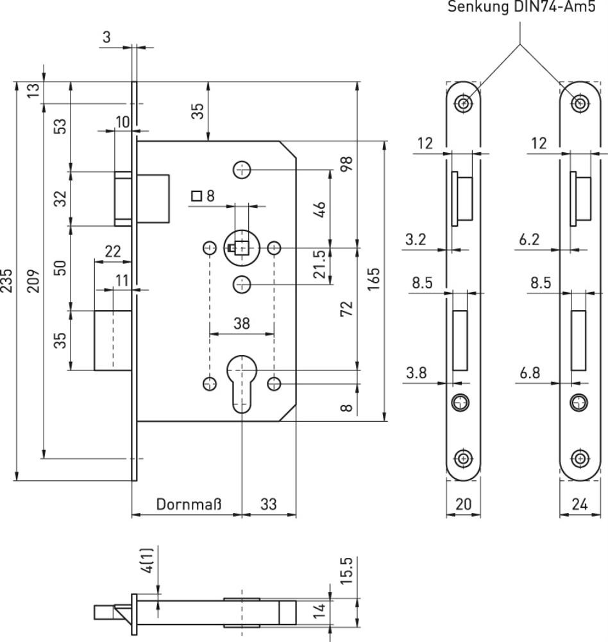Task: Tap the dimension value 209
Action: point(35,280)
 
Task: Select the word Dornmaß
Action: point(189,505)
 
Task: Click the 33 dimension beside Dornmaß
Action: point(268,505)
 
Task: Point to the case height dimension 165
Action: point(375,280)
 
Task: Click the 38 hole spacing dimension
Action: point(242,324)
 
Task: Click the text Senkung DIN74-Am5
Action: point(526,8)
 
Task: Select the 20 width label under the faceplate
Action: point(463,505)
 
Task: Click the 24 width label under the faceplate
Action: point(579,505)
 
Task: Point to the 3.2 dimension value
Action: point(417,240)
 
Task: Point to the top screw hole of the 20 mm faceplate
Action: point(463,103)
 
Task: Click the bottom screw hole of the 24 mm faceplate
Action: point(579,458)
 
